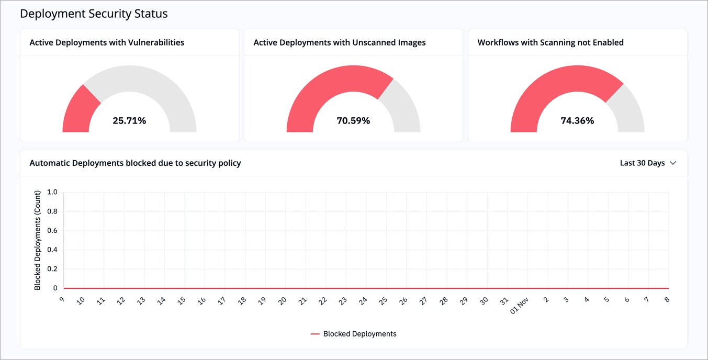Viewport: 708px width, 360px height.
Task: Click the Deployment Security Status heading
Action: click(x=94, y=14)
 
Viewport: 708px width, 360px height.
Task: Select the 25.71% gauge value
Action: click(x=129, y=121)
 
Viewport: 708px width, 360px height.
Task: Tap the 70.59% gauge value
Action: click(x=353, y=121)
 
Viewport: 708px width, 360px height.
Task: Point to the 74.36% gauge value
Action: click(x=577, y=121)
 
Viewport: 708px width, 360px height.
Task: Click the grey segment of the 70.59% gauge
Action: click(x=403, y=107)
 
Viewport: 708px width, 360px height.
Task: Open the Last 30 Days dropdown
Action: click(x=648, y=163)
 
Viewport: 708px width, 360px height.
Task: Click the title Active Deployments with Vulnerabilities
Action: click(x=107, y=42)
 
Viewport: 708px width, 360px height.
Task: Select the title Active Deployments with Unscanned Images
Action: click(x=339, y=42)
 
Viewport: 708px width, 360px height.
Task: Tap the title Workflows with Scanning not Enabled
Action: click(x=550, y=42)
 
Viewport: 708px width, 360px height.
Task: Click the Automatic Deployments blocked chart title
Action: click(x=135, y=163)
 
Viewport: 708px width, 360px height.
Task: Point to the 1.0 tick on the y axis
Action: click(x=52, y=192)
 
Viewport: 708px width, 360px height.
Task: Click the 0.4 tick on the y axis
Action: click(x=52, y=250)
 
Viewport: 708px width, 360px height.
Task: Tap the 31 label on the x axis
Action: click(x=503, y=301)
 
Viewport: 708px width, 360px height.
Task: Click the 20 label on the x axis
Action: click(x=282, y=301)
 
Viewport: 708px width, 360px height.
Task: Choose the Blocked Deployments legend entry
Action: click(x=354, y=334)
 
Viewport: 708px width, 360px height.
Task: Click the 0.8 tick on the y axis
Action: click(x=52, y=211)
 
